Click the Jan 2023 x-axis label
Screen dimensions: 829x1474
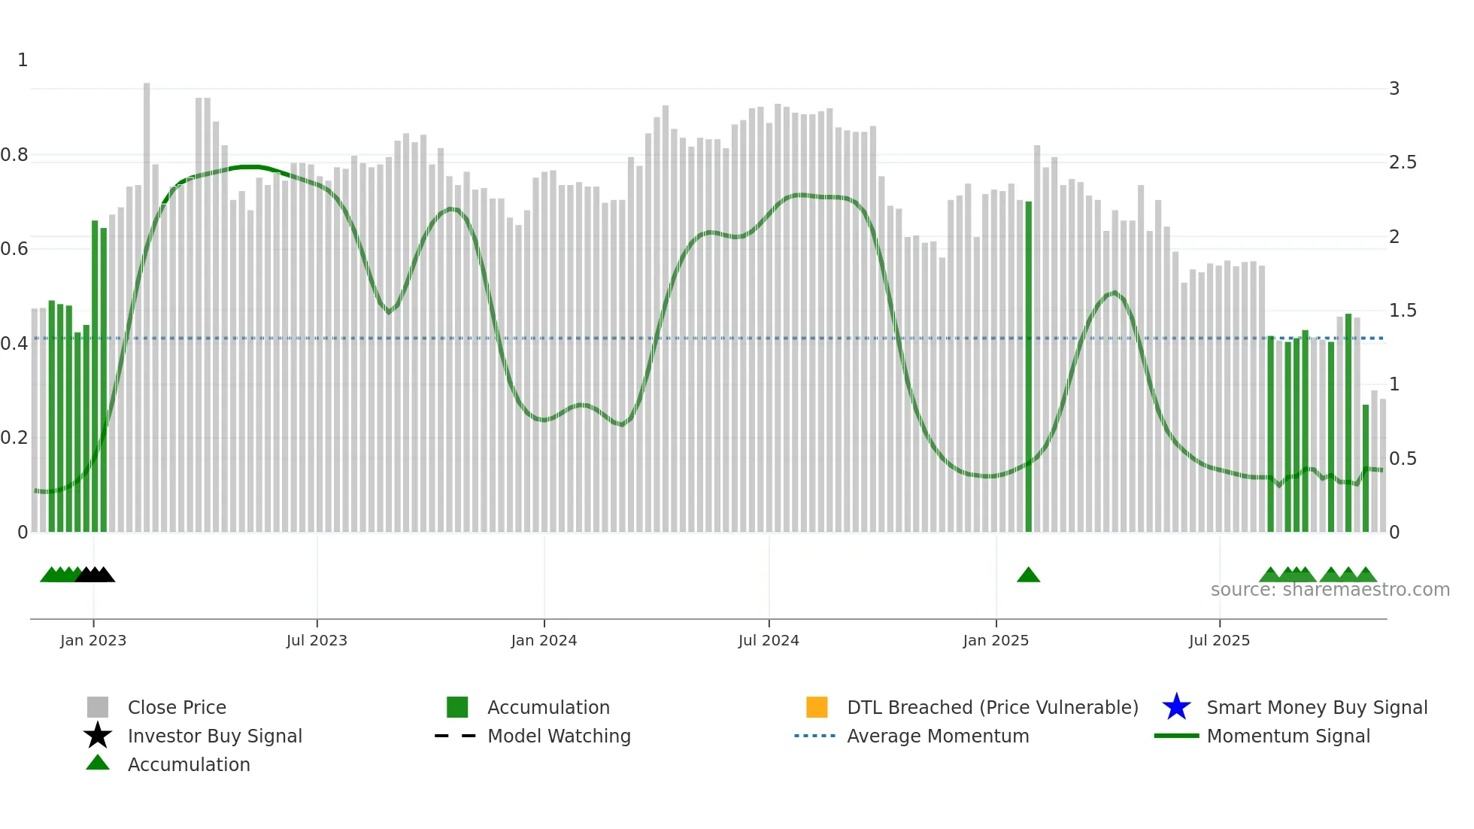[93, 640]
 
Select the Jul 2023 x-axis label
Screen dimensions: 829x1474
[317, 640]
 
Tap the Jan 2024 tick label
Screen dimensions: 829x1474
[544, 640]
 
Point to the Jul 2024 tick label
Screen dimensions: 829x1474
[769, 640]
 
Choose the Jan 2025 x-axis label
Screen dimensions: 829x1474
[996, 640]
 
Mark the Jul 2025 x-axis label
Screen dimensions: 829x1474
[1219, 640]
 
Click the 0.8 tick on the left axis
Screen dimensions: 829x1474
[14, 155]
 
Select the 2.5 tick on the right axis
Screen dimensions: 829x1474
[1403, 162]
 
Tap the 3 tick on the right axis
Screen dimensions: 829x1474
[1394, 89]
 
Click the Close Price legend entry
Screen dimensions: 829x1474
[177, 707]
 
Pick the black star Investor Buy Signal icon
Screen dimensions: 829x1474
[98, 736]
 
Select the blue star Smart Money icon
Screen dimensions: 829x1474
[1176, 707]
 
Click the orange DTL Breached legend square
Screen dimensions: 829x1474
[817, 707]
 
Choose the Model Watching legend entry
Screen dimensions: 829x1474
[559, 736]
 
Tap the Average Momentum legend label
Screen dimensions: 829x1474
[938, 736]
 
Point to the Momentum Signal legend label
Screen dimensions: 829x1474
[1288, 736]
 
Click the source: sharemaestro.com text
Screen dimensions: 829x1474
[1330, 590]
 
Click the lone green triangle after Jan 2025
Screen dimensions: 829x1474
[1028, 575]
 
